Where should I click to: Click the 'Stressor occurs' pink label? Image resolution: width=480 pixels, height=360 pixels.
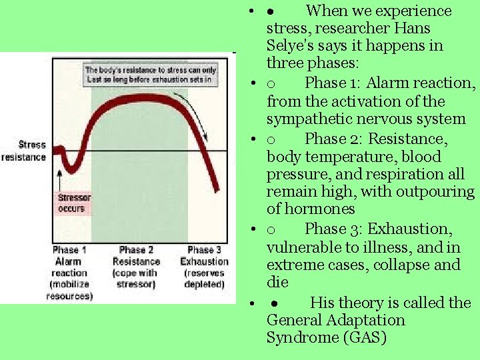74,203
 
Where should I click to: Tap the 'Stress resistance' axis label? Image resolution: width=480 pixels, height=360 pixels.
23,151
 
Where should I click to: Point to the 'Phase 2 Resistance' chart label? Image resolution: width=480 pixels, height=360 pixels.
136,267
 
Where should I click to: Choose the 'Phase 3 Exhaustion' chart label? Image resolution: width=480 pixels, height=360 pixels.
204,267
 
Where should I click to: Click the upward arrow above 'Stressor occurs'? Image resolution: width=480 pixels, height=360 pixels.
60,179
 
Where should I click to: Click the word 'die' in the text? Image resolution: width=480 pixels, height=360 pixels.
277,282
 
